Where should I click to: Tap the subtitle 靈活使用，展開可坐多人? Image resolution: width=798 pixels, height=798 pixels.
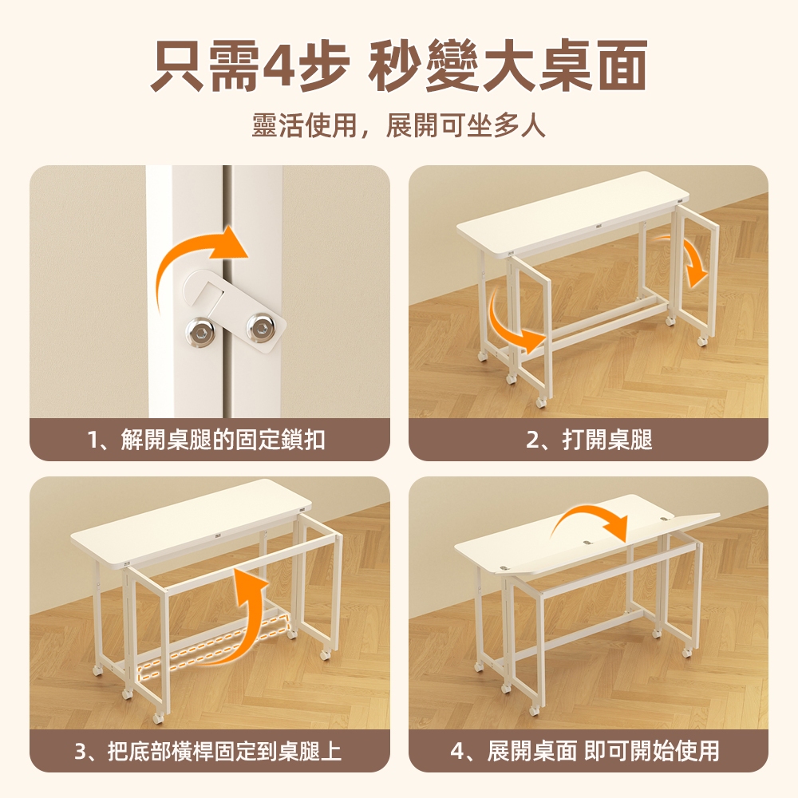click(399, 124)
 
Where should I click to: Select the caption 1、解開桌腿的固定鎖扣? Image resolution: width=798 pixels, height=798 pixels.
click(206, 439)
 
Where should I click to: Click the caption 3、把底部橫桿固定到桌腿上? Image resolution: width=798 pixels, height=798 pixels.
click(207, 751)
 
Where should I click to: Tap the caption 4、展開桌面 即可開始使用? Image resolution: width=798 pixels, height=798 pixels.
click(585, 751)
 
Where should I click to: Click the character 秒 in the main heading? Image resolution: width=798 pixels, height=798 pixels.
click(397, 65)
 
